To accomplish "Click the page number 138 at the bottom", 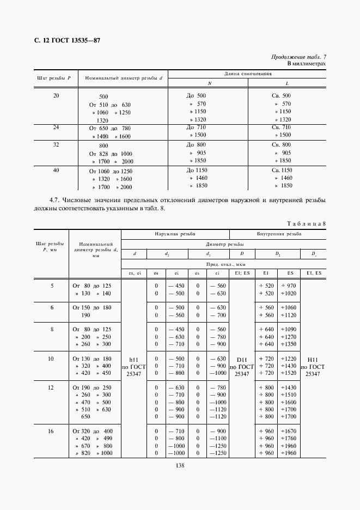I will pyautogui.click(x=180, y=465).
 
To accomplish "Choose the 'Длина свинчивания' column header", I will pyautogui.click(x=248, y=74).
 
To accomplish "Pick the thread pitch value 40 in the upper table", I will pyautogui.click(x=56, y=171).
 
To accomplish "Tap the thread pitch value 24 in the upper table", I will pyautogui.click(x=56, y=127).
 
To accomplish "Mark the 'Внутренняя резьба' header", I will pyautogui.click(x=279, y=234).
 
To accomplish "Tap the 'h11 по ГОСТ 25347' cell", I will pyautogui.click(x=133, y=367).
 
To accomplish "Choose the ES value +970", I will pyautogui.click(x=288, y=285).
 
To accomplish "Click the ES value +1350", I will pyautogui.click(x=288, y=344).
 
